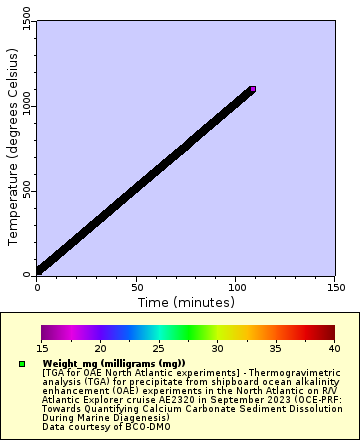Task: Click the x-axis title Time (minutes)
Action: (185, 302)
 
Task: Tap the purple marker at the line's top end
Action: (252, 90)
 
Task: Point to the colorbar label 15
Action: (41, 348)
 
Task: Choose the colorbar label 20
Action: (100, 348)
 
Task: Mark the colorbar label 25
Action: (158, 348)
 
